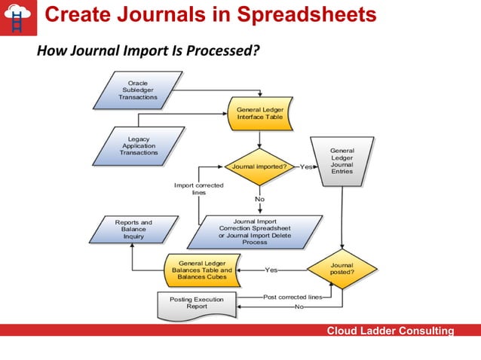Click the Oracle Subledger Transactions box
(138, 90)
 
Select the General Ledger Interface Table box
(260, 114)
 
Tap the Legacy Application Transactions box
(139, 146)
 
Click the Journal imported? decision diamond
(259, 166)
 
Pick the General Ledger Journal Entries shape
(342, 160)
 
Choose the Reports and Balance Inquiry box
(133, 230)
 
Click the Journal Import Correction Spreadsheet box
(255, 232)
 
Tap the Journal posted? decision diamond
(342, 269)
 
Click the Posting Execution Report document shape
(196, 304)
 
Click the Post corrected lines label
(293, 297)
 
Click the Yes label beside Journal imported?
(306, 166)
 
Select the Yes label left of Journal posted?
(271, 269)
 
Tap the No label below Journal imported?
(259, 199)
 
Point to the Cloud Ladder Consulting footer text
(390, 331)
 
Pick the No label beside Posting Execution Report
(299, 307)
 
